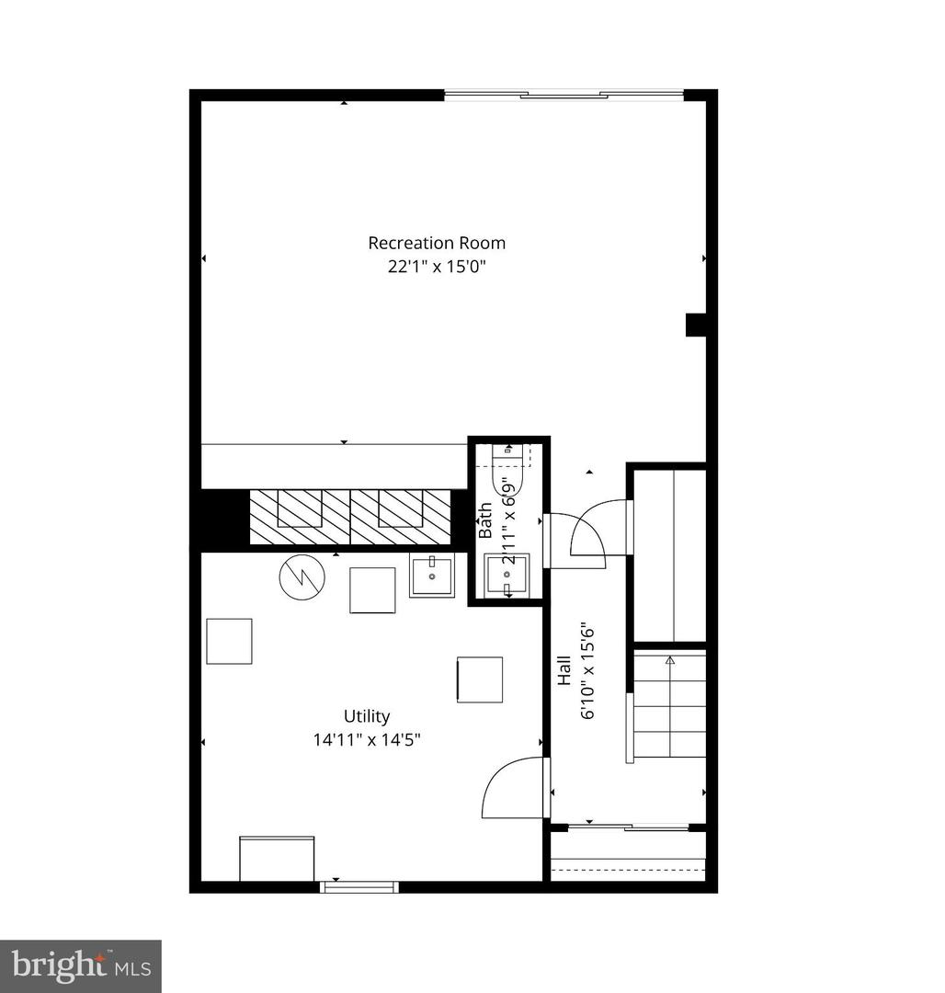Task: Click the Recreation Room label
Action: (437, 244)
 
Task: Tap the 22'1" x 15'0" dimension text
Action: (437, 268)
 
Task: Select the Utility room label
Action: (367, 716)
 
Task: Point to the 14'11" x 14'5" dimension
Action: (367, 738)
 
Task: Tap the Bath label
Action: (485, 520)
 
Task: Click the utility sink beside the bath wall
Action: (431, 575)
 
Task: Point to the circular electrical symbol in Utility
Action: (302, 577)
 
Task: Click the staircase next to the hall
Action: (669, 705)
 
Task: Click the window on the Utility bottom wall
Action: (359, 886)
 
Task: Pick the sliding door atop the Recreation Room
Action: (564, 94)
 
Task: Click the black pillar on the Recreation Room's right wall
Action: (696, 325)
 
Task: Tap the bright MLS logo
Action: (81, 966)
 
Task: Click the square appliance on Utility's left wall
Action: (229, 641)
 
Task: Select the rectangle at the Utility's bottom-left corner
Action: (277, 859)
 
